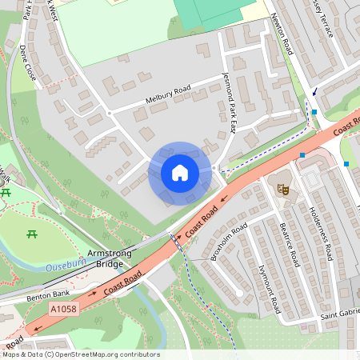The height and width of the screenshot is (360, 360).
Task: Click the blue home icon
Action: coord(180,173)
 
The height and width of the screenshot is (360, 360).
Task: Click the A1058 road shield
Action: coord(63,309)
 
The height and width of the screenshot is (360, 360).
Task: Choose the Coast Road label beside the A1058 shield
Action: coord(122,282)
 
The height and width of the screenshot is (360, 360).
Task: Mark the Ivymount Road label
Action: coord(268,288)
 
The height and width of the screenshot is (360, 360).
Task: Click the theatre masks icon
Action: coord(282,189)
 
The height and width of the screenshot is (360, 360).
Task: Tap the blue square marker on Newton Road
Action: coord(314,112)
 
